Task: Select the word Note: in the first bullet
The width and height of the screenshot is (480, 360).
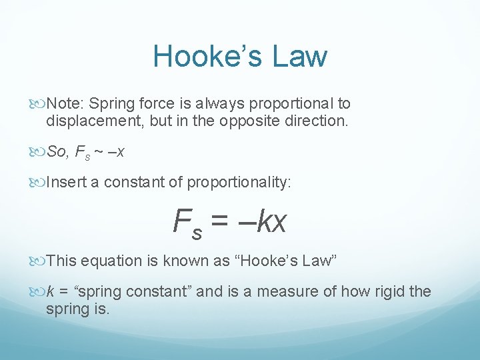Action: (x=65, y=104)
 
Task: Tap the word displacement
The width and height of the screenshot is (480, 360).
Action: (x=91, y=121)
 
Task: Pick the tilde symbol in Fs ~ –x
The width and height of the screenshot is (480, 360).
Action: (x=99, y=152)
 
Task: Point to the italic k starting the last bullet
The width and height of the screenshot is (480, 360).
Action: (x=50, y=291)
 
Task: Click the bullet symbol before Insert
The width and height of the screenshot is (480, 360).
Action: (x=38, y=182)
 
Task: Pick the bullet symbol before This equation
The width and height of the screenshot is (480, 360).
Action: (x=38, y=261)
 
